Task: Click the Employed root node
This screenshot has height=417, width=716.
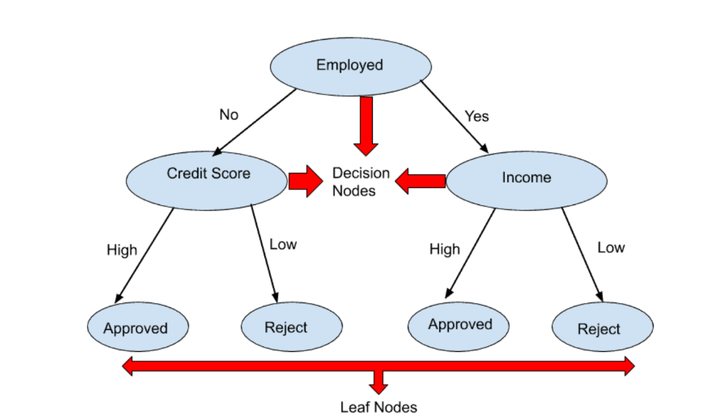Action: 350,66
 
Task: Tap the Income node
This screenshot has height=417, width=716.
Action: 526,180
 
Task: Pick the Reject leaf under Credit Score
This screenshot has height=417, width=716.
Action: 291,326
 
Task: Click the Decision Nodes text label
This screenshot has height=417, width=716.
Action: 360,182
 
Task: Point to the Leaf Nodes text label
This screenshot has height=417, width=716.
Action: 378,407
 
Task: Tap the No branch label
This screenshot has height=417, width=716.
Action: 229,115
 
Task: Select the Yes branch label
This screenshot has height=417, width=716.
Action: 477,116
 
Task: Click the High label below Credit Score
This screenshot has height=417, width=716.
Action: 122,250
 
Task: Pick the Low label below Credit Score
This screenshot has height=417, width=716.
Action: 283,244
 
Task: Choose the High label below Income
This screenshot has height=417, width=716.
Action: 445,249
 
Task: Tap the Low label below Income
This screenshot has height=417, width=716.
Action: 610,248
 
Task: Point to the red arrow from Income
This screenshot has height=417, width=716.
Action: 421,181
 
